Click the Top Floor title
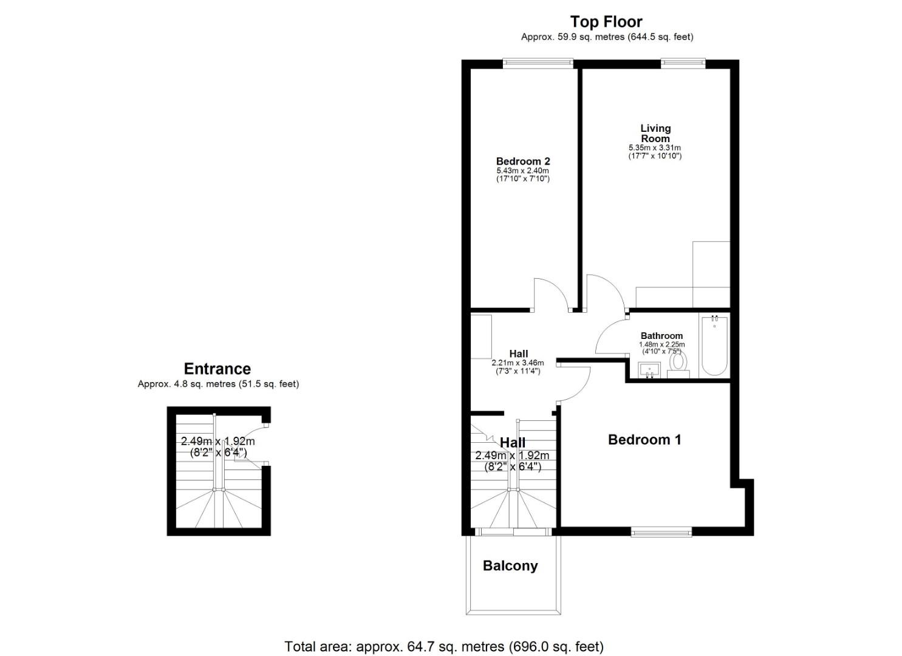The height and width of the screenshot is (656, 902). click(606, 22)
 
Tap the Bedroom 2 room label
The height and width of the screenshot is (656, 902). click(523, 161)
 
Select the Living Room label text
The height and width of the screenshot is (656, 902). click(655, 133)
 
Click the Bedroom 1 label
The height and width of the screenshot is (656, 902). click(644, 440)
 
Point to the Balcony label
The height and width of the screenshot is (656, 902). click(510, 566)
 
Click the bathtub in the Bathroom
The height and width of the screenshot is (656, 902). click(714, 346)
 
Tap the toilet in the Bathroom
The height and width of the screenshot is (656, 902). click(677, 363)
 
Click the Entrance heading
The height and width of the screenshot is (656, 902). click(217, 369)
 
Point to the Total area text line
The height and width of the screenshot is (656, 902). click(444, 646)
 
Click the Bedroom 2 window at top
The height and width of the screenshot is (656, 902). click(538, 61)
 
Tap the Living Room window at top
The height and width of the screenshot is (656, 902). click(683, 61)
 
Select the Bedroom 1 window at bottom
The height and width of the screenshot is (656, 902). click(661, 533)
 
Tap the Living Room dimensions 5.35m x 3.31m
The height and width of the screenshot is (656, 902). click(655, 148)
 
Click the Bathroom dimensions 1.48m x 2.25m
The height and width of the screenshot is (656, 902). click(661, 344)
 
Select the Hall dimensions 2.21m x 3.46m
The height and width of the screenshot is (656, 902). click(518, 363)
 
